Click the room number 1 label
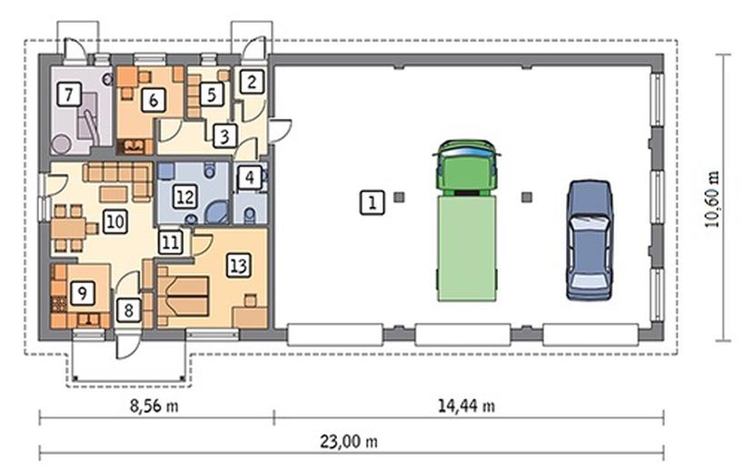click(x=372, y=202)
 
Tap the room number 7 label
click(x=69, y=94)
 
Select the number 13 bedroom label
click(x=238, y=265)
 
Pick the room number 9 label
click(x=82, y=292)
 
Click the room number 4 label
click(x=250, y=178)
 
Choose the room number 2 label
click(x=252, y=82)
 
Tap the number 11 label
click(x=170, y=242)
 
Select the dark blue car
click(x=589, y=240)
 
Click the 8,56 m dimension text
click(x=154, y=406)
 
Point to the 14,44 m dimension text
click(x=466, y=406)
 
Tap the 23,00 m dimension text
click(x=349, y=442)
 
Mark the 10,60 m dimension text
click(x=712, y=199)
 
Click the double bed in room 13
click(x=183, y=297)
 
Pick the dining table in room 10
click(x=69, y=229)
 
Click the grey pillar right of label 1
click(x=399, y=197)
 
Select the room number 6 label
click(x=154, y=100)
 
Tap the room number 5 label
click(x=212, y=94)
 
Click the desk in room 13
click(x=250, y=318)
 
